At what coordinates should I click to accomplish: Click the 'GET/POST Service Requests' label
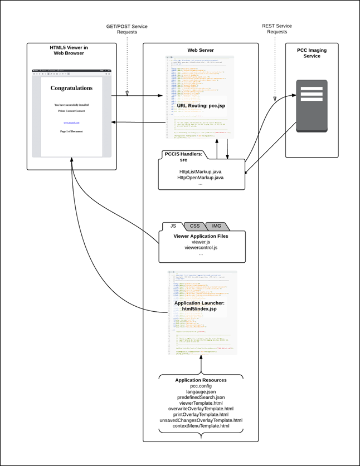127,29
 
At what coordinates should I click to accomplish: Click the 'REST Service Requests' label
276,29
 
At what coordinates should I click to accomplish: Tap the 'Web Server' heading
201,51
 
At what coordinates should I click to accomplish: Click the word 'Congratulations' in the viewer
71,88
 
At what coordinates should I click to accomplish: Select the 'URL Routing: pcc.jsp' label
201,105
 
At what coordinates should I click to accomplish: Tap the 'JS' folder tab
173,226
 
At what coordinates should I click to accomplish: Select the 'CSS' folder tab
194,226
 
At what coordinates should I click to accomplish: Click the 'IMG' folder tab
216,226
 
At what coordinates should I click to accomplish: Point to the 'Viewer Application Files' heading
201,237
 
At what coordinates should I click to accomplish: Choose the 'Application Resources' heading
201,380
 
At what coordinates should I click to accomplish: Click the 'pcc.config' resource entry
201,387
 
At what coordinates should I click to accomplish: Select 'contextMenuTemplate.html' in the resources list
201,426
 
